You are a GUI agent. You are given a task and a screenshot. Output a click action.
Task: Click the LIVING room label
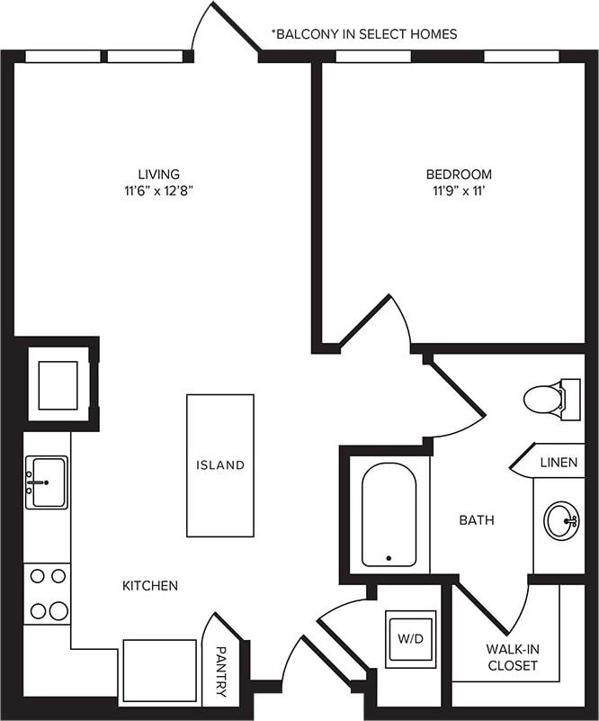click(158, 174)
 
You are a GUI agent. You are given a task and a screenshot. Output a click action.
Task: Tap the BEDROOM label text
click(459, 174)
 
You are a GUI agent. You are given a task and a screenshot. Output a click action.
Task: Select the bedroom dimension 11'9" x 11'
click(459, 191)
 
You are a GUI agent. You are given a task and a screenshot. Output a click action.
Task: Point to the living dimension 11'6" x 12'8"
click(158, 191)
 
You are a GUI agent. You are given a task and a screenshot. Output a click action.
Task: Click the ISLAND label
click(220, 465)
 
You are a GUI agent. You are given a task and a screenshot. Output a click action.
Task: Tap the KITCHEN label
click(150, 586)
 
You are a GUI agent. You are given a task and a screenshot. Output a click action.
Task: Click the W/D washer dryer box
click(411, 639)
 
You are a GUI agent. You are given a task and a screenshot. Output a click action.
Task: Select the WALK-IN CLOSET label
click(512, 657)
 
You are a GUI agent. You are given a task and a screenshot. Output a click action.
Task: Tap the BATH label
click(477, 520)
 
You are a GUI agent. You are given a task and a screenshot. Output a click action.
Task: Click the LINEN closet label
click(559, 463)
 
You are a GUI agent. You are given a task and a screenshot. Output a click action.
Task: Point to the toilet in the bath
click(548, 399)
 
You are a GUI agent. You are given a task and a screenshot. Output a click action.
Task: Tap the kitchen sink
click(46, 482)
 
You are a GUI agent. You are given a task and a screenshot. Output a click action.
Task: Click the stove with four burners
click(48, 593)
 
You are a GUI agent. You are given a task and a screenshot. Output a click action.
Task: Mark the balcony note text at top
click(364, 34)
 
